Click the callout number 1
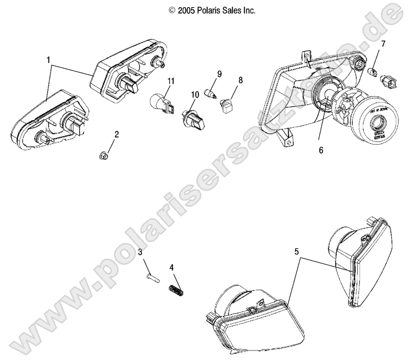point(48,60)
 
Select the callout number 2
point(116,134)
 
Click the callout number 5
point(297,252)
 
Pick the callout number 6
point(320,150)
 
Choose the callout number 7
point(383,44)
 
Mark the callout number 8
point(240,80)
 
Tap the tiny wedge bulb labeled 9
point(210,92)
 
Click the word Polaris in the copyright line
point(210,10)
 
